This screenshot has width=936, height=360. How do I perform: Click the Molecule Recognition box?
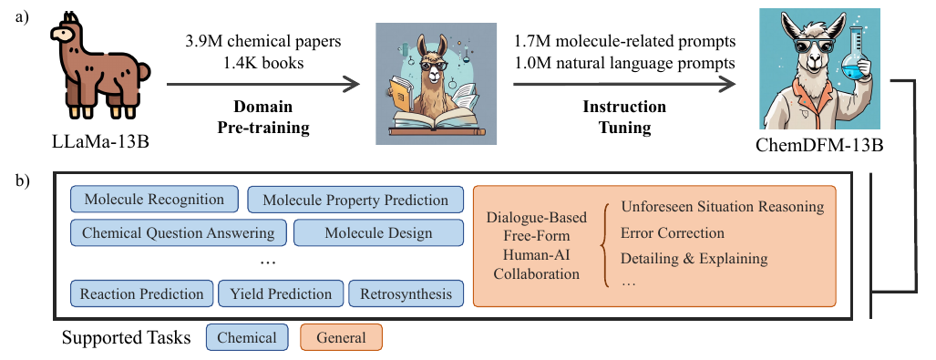(154, 199)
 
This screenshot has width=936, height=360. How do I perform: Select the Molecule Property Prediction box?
(355, 200)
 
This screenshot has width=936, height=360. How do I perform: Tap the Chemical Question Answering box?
(179, 232)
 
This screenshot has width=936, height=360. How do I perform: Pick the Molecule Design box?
(378, 232)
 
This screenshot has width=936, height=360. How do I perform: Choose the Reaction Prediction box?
(141, 293)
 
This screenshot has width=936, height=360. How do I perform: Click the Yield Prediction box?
(281, 293)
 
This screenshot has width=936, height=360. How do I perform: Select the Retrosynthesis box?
(406, 293)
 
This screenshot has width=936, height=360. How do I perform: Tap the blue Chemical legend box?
(247, 337)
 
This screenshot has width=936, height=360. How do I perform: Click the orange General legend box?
(341, 337)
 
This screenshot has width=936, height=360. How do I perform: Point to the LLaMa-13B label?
(101, 141)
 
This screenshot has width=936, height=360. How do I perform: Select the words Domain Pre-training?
(263, 117)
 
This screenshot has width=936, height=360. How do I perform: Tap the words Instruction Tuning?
(624, 117)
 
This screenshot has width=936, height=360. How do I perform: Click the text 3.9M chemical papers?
(263, 42)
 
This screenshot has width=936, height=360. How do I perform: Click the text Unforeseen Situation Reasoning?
(723, 207)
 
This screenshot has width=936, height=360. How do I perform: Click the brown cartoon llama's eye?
(63, 35)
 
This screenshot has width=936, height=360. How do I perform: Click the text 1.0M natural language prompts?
(624, 63)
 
